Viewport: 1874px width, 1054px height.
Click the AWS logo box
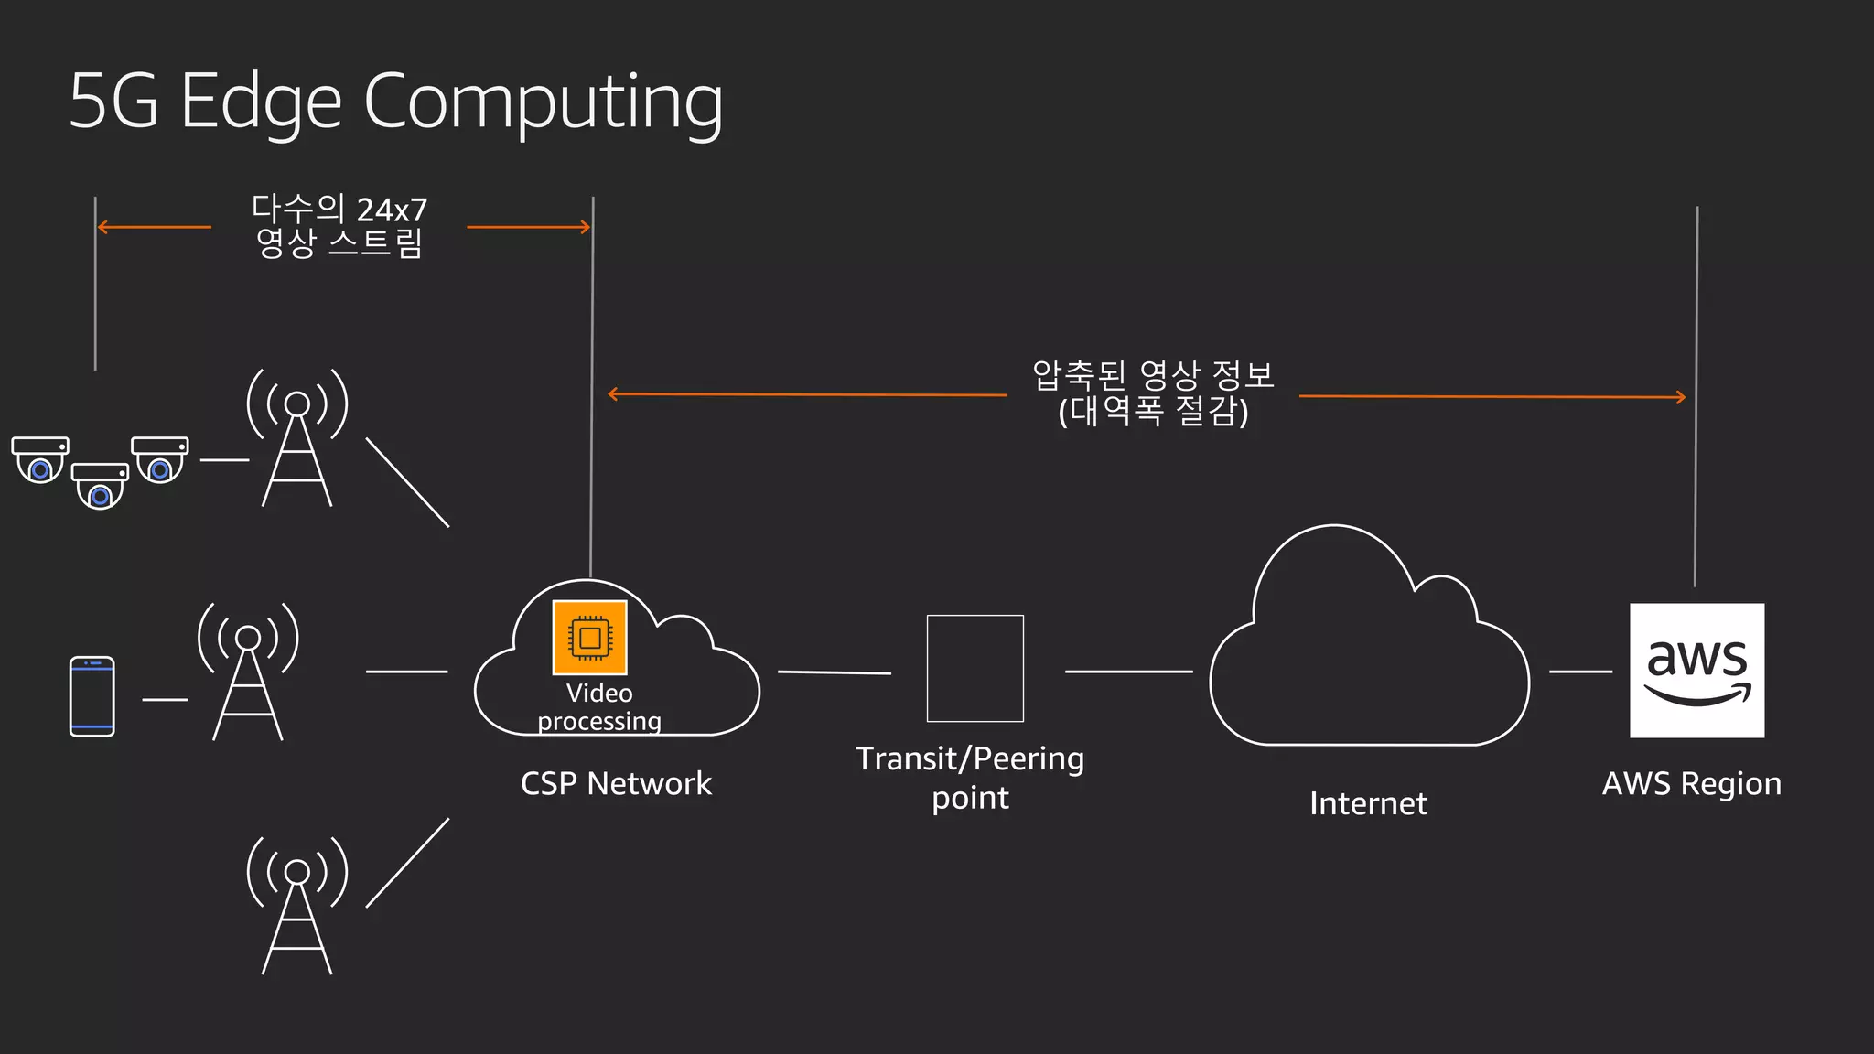click(x=1696, y=670)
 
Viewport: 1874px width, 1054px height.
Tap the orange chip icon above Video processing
click(x=589, y=638)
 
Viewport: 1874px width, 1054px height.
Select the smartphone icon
click(x=92, y=696)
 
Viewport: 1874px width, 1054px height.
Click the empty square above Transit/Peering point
click(x=975, y=668)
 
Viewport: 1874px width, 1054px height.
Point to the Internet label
click(x=1368, y=803)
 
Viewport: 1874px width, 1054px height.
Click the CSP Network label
click(x=616, y=783)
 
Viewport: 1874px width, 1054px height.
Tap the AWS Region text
click(x=1691, y=783)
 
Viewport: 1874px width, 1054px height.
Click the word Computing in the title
click(x=544, y=102)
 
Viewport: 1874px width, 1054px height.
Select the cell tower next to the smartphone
click(x=248, y=672)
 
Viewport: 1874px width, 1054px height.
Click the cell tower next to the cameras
click(x=297, y=439)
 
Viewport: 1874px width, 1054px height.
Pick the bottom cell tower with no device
click(x=297, y=906)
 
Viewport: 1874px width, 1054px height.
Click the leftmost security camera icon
click(x=40, y=459)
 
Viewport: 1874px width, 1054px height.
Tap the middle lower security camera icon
click(x=100, y=485)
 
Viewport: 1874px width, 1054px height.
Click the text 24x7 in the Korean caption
click(x=392, y=210)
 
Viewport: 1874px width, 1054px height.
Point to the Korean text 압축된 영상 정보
click(x=1152, y=374)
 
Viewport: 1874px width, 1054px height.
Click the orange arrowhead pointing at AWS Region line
click(x=1680, y=397)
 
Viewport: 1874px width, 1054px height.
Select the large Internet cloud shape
click(x=1368, y=659)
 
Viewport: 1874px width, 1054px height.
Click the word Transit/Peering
click(x=969, y=758)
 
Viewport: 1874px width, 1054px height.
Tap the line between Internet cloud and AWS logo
click(x=1580, y=672)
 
